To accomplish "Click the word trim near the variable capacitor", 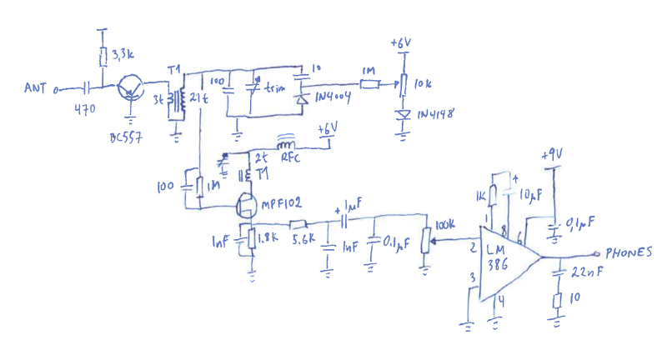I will point(274,87).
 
